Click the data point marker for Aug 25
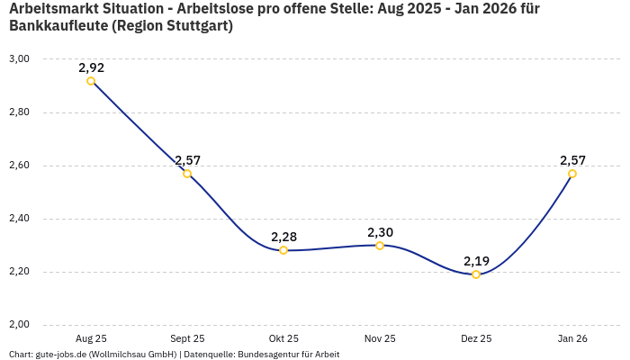pyautogui.click(x=91, y=81)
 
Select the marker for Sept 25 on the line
pyautogui.click(x=187, y=174)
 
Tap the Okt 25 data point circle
pyautogui.click(x=283, y=250)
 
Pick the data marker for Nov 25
pyautogui.click(x=380, y=245)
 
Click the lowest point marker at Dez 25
pyautogui.click(x=476, y=274)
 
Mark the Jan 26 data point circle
pyautogui.click(x=572, y=174)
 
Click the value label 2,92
pyautogui.click(x=91, y=67)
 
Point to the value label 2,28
pyautogui.click(x=283, y=237)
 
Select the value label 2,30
pyautogui.click(x=380, y=232)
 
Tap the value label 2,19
pyautogui.click(x=476, y=261)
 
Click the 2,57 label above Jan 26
pyautogui.click(x=572, y=160)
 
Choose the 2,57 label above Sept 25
pyautogui.click(x=187, y=160)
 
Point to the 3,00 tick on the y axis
pyautogui.click(x=19, y=59)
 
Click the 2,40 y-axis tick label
pyautogui.click(x=19, y=219)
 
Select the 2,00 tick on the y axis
pyautogui.click(x=19, y=325)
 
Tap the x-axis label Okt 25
pyautogui.click(x=283, y=338)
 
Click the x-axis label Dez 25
pyautogui.click(x=476, y=338)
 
